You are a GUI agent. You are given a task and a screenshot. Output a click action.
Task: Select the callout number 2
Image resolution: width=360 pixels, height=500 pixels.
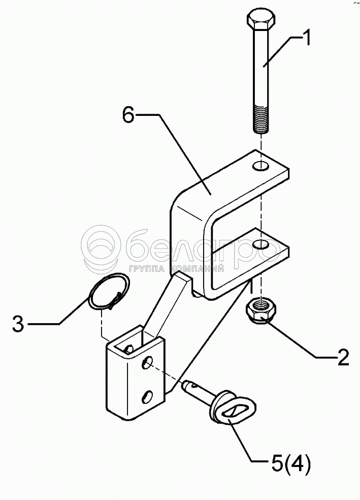(343, 357)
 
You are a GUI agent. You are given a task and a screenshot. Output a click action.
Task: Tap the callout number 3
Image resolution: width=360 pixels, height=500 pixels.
(18, 324)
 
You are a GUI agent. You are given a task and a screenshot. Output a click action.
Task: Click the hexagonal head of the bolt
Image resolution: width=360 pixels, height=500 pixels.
(261, 22)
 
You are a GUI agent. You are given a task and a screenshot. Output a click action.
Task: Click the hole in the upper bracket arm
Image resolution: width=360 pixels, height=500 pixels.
(262, 166)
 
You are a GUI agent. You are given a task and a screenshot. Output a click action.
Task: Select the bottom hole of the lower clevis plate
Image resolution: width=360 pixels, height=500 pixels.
(148, 394)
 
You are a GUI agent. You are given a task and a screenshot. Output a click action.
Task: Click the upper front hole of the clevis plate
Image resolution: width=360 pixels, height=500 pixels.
(148, 363)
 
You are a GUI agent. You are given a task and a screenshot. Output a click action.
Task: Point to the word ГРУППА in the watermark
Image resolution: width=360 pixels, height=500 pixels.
(147, 269)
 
